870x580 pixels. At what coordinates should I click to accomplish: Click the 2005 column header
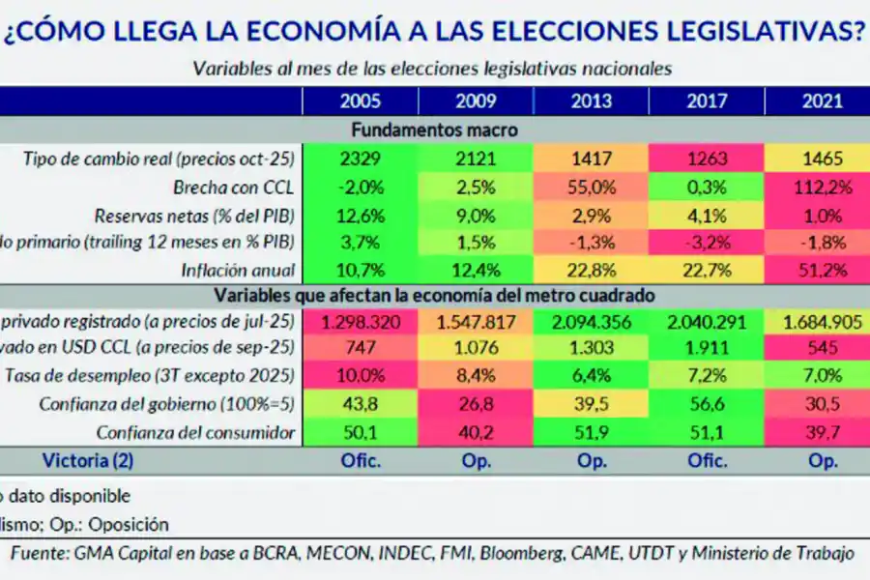point(361,101)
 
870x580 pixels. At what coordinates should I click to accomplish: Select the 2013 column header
point(592,101)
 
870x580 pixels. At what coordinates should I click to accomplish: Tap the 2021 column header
point(823,101)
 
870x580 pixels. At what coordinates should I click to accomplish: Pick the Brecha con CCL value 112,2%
point(823,187)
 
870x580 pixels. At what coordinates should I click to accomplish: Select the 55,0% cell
point(592,187)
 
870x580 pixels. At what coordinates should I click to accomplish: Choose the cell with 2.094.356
point(592,323)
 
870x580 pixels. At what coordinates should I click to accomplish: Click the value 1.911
point(707,350)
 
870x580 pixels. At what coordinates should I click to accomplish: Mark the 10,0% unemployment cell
point(361,377)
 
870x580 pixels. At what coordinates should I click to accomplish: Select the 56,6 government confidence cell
point(707,405)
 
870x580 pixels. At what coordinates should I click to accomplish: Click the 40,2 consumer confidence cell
point(476,433)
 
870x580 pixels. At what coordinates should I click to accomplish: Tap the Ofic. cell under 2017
point(707,461)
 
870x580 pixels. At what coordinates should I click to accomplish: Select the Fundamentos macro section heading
point(434,130)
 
